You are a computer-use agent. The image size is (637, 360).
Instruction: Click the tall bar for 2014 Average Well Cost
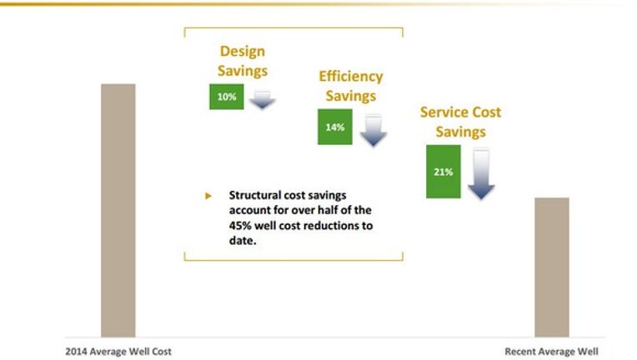pos(118,210)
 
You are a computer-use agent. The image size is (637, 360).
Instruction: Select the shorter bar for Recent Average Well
pos(552,267)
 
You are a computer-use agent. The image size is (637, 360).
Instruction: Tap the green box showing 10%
pos(227,97)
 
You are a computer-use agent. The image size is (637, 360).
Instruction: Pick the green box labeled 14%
pos(334,127)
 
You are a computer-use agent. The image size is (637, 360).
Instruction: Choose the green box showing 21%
pos(444,172)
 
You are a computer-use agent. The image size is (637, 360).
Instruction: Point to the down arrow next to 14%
pos(373,130)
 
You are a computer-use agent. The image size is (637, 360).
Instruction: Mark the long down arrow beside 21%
pos(481,173)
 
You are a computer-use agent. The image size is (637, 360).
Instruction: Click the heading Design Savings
pos(243,61)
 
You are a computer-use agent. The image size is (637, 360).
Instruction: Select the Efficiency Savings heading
pos(350,86)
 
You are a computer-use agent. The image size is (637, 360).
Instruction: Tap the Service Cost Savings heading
pos(460,122)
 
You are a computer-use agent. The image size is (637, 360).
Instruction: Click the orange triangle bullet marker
pos(208,196)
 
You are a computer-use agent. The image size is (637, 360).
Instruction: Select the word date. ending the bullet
pos(243,241)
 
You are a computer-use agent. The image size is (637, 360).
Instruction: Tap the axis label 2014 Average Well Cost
pos(118,352)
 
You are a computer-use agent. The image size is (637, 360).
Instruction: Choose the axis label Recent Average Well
pos(551,352)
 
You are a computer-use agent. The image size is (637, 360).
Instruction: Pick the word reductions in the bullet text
pos(332,226)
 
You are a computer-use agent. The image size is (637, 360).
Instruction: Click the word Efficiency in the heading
pos(350,77)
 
